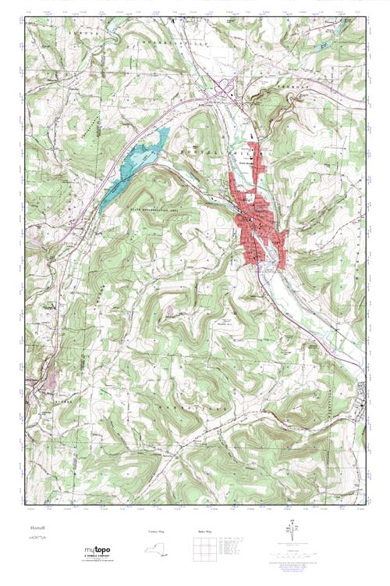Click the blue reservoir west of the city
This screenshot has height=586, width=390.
coord(140,160)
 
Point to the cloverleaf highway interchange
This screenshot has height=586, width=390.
coord(227,83)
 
